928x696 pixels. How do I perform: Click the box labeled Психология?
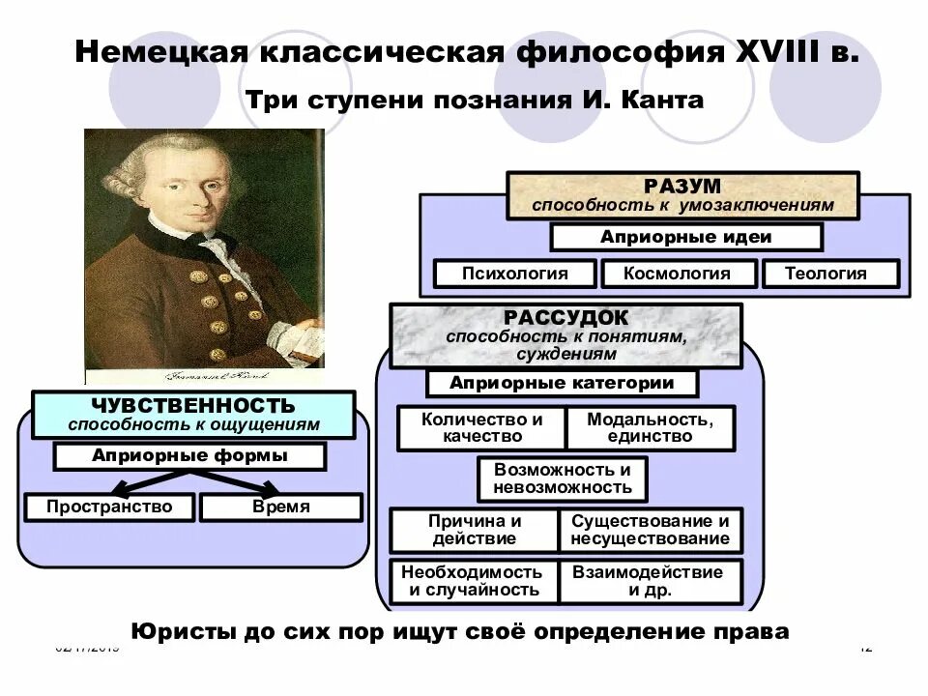[514, 274]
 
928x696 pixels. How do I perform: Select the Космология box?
[677, 274]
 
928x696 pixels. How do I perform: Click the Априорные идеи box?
[685, 237]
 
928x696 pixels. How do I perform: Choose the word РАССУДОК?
[565, 318]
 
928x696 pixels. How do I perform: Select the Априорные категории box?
[562, 383]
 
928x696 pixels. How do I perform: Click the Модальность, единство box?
[651, 428]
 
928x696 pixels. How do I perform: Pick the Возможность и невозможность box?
[562, 478]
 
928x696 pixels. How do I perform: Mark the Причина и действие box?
[473, 530]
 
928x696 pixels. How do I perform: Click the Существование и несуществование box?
[651, 530]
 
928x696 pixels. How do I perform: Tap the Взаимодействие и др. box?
[649, 581]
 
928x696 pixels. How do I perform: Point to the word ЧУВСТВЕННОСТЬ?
[193, 405]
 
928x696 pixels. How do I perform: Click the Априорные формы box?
[189, 455]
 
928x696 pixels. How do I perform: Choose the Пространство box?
[109, 507]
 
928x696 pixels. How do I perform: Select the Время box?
[281, 507]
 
